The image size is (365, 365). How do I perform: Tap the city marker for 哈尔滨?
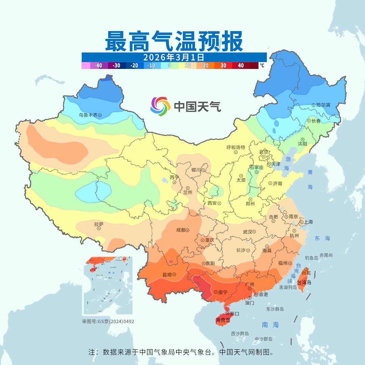(x=314, y=105)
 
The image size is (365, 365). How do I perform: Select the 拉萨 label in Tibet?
(x=99, y=224)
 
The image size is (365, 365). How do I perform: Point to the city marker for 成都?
(x=187, y=230)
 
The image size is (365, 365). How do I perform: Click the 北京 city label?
(x=263, y=152)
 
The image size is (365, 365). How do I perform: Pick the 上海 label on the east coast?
(x=308, y=222)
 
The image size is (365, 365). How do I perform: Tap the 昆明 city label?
(x=166, y=275)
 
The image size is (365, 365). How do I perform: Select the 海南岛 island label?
(x=223, y=320)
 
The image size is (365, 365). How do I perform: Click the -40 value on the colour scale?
(x=98, y=66)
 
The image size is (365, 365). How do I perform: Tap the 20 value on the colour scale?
(x=205, y=66)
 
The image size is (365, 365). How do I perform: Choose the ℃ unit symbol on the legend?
(x=262, y=66)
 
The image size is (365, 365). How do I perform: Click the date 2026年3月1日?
(x=174, y=57)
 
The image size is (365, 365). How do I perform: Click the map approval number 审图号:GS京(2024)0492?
(x=108, y=321)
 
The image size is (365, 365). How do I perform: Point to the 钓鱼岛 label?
(x=311, y=258)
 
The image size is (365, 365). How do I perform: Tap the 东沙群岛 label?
(x=275, y=309)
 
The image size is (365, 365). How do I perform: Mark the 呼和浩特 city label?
(x=236, y=147)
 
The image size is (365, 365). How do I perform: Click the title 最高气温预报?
(x=174, y=41)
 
